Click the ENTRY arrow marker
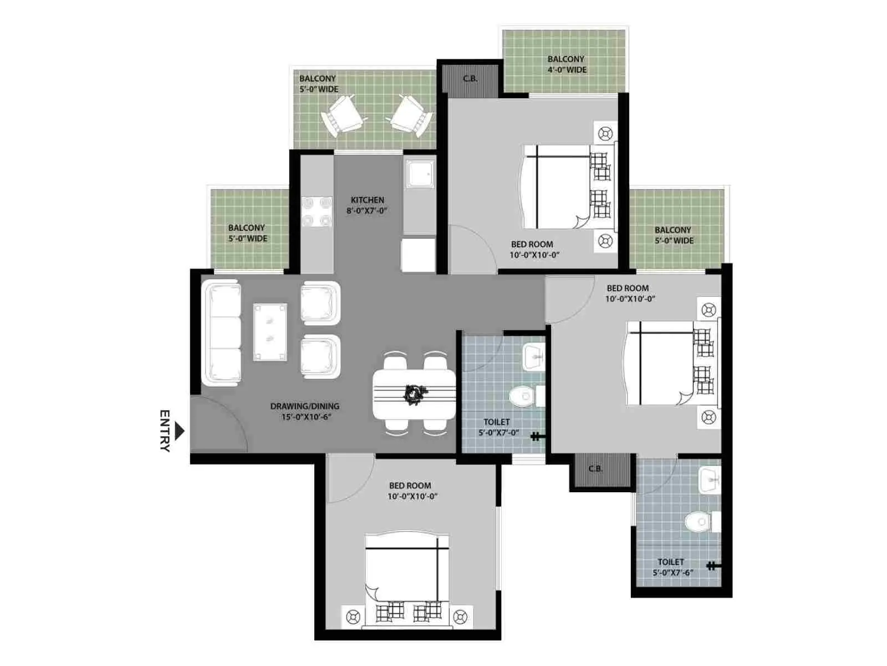pyautogui.click(x=180, y=431)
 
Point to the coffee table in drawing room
pyautogui.click(x=270, y=332)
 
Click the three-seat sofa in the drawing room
pyautogui.click(x=221, y=333)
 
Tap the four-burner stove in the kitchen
pyautogui.click(x=317, y=211)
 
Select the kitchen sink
pyautogui.click(x=420, y=174)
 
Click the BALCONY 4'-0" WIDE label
pyautogui.click(x=567, y=64)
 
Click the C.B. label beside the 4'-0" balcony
pyautogui.click(x=470, y=78)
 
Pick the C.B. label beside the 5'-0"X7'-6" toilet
pyautogui.click(x=595, y=469)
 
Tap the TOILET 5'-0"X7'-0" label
pyautogui.click(x=498, y=427)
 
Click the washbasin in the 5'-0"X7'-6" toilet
pyautogui.click(x=709, y=480)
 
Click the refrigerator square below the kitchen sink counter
pyautogui.click(x=418, y=255)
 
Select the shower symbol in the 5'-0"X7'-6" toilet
pyautogui.click(x=713, y=566)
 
